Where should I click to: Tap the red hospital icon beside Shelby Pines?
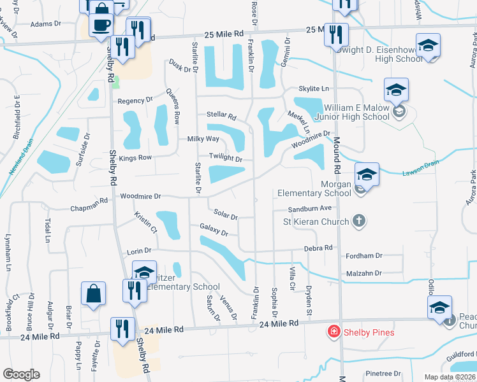point(333,332)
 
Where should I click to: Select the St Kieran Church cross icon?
point(359,221)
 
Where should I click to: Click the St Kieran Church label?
point(316,222)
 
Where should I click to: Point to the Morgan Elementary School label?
point(314,188)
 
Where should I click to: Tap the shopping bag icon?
point(93,294)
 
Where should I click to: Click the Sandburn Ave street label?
point(310,208)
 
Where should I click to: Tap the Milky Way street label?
point(203,139)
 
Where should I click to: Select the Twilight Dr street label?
point(226,159)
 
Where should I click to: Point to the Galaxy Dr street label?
point(214,229)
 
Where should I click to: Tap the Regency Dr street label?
point(136,101)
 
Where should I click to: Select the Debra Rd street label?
point(318,248)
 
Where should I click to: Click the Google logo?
point(22,374)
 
